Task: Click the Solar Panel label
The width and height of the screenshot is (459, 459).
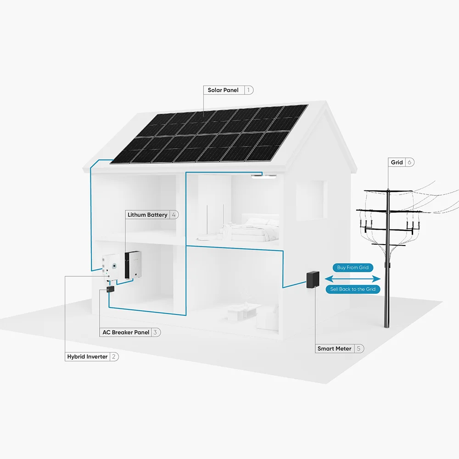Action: click(223, 90)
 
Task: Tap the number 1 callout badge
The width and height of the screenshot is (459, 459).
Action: click(248, 90)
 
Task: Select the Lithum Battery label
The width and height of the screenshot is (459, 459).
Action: click(147, 215)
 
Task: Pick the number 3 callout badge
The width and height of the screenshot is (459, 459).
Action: click(156, 332)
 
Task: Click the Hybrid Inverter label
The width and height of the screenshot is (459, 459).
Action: click(87, 357)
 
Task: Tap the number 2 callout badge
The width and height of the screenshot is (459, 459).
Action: click(114, 357)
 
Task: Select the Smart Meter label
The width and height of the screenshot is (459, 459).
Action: click(334, 349)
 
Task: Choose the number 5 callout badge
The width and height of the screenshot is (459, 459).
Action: click(358, 349)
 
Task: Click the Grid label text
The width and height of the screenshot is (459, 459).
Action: click(397, 162)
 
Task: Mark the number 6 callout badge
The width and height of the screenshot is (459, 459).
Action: click(409, 162)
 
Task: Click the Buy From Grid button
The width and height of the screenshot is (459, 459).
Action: click(353, 268)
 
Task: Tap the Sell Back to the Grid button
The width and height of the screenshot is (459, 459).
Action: click(353, 289)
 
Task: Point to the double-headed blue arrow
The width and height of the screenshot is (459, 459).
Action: click(353, 279)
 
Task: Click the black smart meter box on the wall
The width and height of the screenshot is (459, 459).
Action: click(313, 280)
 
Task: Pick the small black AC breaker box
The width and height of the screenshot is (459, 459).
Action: click(110, 289)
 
